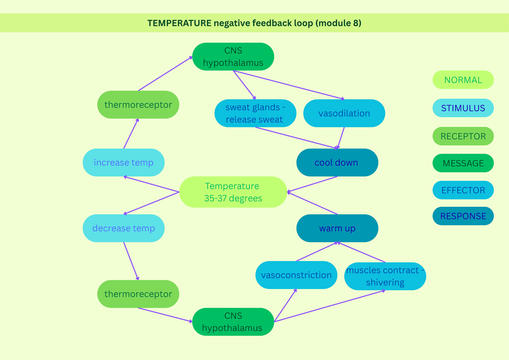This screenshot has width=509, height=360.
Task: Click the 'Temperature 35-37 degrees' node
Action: [233, 192]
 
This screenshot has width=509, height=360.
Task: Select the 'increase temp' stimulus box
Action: [123, 163]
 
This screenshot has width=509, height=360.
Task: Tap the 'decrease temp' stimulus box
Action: [123, 228]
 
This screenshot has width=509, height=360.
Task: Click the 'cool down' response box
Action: [337, 163]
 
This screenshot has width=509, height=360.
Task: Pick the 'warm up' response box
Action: [337, 228]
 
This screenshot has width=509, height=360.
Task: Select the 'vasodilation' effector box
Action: [344, 113]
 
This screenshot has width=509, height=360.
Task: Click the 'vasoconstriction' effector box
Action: [296, 275]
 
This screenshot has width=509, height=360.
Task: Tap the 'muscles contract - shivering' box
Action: [385, 276]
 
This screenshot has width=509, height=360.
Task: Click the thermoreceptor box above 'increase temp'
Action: [138, 104]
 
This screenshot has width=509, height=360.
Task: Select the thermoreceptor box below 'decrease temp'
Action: [138, 294]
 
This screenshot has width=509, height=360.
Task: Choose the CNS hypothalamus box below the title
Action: [233, 57]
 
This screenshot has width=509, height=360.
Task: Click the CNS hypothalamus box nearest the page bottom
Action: [233, 322]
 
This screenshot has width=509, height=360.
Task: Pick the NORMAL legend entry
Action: [463, 80]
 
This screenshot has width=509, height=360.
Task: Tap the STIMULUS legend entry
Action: [463, 108]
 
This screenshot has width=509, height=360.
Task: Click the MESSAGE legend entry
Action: [463, 163]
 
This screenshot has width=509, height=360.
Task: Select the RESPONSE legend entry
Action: [463, 216]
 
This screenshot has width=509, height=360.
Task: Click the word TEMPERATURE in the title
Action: [179, 23]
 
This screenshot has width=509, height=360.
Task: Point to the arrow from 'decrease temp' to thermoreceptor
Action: [130, 261]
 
